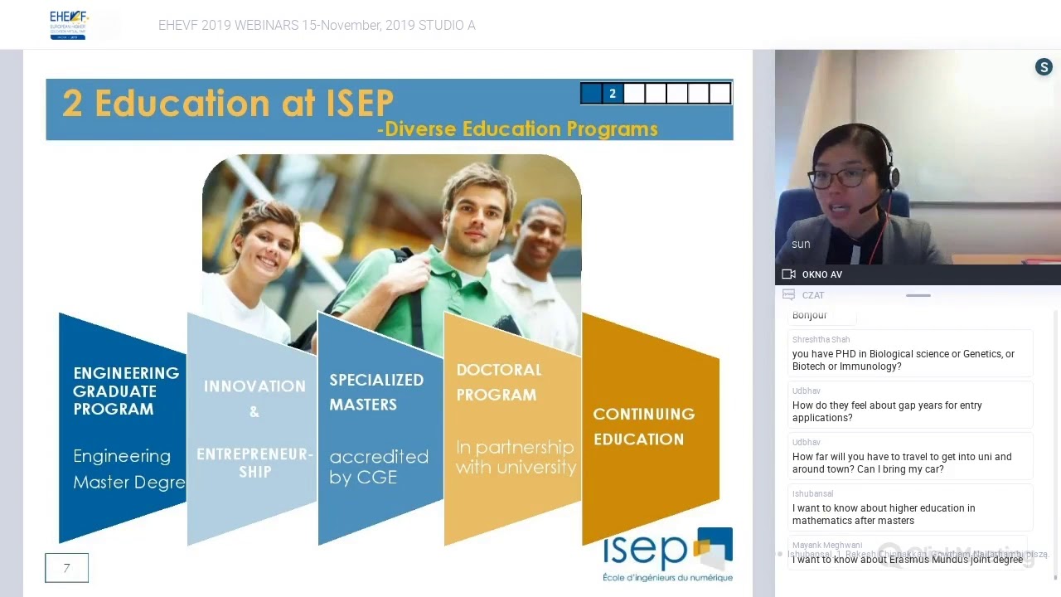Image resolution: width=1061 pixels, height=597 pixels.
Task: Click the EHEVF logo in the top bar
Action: coord(68,25)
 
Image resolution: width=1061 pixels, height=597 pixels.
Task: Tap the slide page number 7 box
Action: coord(66,568)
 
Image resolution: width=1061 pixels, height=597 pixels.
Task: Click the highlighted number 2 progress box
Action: coord(613,94)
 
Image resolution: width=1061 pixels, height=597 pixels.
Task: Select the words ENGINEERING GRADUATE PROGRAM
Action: coord(125,391)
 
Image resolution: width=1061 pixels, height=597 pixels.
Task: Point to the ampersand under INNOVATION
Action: coord(254,412)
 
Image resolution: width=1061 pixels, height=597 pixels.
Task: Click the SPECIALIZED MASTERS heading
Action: coord(376,391)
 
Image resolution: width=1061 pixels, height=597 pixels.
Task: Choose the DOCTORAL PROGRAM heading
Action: coord(498,382)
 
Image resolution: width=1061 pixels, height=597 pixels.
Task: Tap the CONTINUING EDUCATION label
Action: coord(643,426)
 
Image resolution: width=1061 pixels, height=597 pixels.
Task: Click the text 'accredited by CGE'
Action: coord(378,467)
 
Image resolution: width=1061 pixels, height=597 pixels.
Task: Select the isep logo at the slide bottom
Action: coord(667,554)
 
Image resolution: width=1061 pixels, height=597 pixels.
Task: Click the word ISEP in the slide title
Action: coord(348,104)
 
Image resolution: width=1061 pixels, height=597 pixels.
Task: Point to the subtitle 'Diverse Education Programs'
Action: coord(521,129)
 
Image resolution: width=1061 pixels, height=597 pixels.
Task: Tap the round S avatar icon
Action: coord(1044,68)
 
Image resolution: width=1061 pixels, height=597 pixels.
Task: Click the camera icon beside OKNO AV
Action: coord(788,274)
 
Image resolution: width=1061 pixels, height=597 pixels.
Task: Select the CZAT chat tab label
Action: coord(812,295)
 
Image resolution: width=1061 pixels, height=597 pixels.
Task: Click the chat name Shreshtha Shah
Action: coord(821,339)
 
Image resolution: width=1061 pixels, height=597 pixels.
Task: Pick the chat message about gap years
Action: coord(887,411)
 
